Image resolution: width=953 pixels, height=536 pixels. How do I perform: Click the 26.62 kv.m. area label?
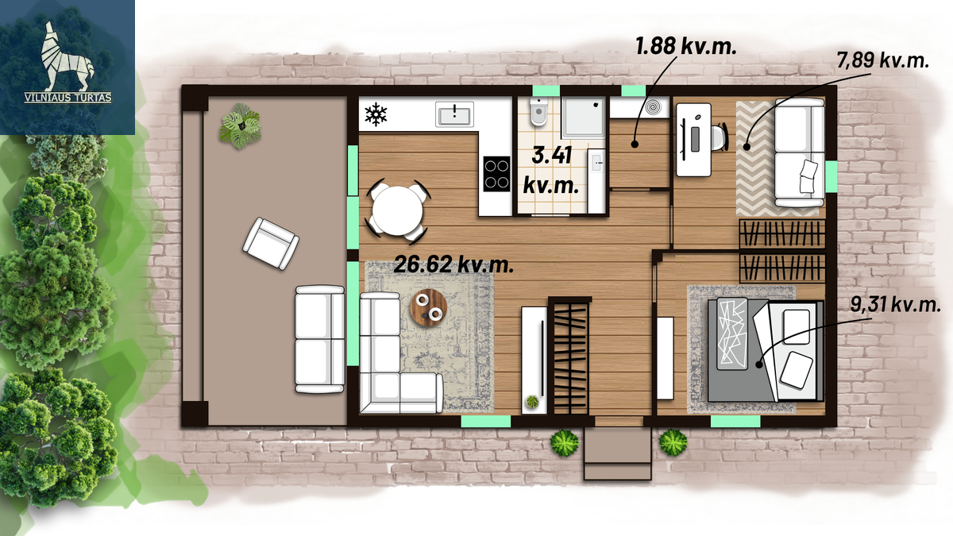(453, 264)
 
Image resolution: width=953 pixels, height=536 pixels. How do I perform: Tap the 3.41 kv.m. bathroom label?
(551, 171)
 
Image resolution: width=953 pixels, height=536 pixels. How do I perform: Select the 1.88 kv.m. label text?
(686, 46)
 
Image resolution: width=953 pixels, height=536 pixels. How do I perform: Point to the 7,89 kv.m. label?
(883, 60)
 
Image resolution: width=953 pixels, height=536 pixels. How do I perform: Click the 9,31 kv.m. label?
(896, 305)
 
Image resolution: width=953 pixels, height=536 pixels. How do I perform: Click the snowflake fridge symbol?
(376, 114)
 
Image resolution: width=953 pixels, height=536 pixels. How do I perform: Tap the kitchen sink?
(454, 114)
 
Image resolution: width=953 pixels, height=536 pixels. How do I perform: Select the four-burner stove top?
(496, 174)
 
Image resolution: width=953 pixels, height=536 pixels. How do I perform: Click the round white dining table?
(397, 211)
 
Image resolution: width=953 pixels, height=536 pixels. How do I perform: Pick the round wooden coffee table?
(428, 307)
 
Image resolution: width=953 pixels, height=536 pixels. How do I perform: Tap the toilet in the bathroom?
(538, 111)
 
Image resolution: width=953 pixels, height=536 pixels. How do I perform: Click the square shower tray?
(583, 118)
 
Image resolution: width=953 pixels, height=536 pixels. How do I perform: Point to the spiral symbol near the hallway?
(653, 107)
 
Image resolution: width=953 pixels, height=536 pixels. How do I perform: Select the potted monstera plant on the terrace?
(240, 126)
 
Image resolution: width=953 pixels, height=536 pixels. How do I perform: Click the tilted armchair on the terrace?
(271, 244)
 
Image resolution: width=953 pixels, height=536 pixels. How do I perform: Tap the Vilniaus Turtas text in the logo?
(68, 98)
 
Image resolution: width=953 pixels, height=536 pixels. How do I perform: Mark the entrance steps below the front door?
(618, 453)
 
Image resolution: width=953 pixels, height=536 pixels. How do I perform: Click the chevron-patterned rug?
(755, 158)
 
